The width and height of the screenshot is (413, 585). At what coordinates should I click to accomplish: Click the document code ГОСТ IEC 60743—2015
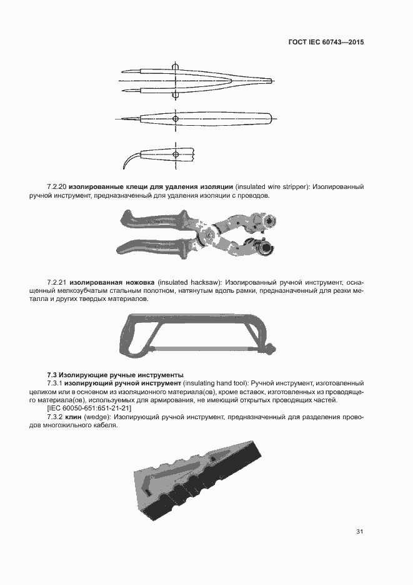[326, 43]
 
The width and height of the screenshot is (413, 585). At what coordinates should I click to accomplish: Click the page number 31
[360, 532]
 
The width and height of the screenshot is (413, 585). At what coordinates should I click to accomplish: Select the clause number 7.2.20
[57, 187]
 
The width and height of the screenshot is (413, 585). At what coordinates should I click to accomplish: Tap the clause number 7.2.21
[57, 283]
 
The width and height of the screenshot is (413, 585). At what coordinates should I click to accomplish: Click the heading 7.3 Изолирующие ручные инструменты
[115, 374]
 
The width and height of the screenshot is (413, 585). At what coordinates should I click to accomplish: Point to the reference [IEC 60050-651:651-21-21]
[94, 409]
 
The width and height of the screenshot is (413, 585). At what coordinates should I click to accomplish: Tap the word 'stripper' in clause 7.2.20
[294, 187]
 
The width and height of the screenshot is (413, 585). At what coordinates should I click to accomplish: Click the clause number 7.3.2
[57, 417]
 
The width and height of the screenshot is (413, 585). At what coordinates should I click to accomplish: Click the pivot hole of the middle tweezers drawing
[176, 118]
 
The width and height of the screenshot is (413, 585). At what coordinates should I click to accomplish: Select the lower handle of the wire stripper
[156, 245]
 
